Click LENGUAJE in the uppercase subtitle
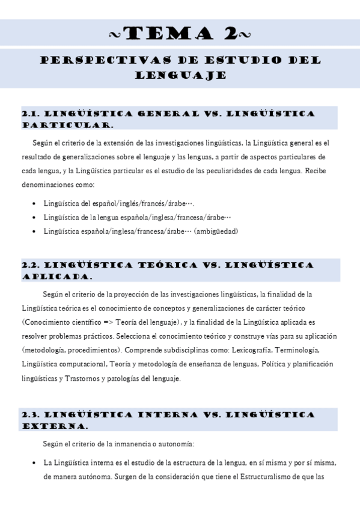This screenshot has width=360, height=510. coord(180,75)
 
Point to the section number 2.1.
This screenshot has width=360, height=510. coord(31,114)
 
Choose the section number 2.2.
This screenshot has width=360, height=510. coord(31,265)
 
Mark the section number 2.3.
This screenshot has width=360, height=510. coord(31,415)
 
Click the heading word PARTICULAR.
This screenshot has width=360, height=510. coord(67,125)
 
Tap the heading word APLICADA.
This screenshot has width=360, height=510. coord(57,277)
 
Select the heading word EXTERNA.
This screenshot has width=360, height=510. coord(55,426)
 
